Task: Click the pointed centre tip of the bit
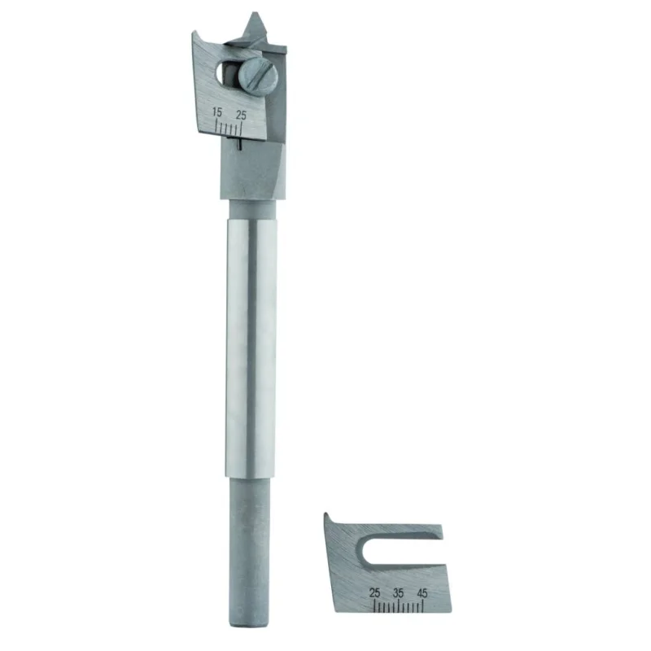pyautogui.click(x=254, y=14)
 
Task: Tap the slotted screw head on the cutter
pyautogui.click(x=258, y=76)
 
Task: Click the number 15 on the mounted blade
pyautogui.click(x=216, y=112)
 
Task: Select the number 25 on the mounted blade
pyautogui.click(x=241, y=115)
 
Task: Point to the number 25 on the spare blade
pyautogui.click(x=374, y=592)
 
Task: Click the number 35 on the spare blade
pyautogui.click(x=398, y=592)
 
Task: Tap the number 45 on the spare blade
pyautogui.click(x=422, y=592)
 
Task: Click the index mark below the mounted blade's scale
pyautogui.click(x=240, y=144)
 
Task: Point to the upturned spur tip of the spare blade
pyautogui.click(x=326, y=515)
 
